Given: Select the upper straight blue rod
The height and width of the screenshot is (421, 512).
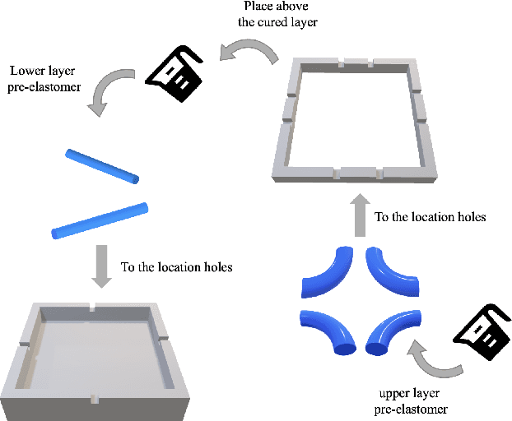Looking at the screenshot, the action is pos(103,166).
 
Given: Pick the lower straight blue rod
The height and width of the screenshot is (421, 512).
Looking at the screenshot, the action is pos(99,220).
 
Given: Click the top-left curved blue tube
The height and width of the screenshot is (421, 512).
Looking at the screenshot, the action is pos(327,272).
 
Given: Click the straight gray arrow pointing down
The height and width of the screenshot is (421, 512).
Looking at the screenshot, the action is pos(101,265).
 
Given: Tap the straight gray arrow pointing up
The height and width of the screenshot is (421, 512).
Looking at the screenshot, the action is pos(359,216).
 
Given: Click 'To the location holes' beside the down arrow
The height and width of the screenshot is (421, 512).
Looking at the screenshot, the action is pos(176,267).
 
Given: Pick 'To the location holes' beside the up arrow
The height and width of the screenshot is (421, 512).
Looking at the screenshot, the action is pos(431,218).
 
